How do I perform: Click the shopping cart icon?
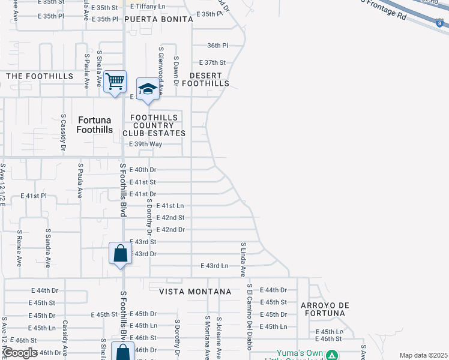[x=115, y=81]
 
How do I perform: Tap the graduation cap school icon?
[x=147, y=89]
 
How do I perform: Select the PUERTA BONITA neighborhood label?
[x=158, y=19]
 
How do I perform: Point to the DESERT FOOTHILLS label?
[x=209, y=79]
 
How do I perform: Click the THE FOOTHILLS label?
[x=40, y=76]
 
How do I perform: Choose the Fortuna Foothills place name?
[x=95, y=124]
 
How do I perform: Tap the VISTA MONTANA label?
[x=195, y=292]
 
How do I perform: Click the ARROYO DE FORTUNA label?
[x=325, y=310]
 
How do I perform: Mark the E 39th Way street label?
[x=146, y=145]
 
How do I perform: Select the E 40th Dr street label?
[x=143, y=170]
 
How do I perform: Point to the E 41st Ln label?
[x=170, y=206]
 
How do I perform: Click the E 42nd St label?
[x=170, y=218]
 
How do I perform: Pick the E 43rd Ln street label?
[x=214, y=266]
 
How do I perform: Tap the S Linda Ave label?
[x=243, y=259]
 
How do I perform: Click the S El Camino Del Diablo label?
[x=249, y=317]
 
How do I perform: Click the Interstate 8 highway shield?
[x=439, y=23]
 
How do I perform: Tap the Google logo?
[x=19, y=353]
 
